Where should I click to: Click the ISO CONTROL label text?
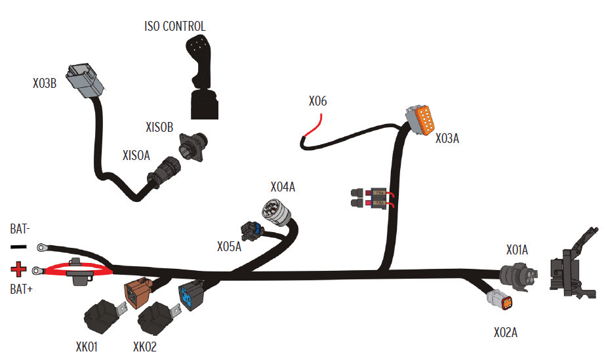point(174,26)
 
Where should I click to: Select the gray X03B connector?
point(85,82)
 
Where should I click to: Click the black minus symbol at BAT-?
point(19,247)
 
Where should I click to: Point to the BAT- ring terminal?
point(44,248)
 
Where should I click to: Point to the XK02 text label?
point(145,347)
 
